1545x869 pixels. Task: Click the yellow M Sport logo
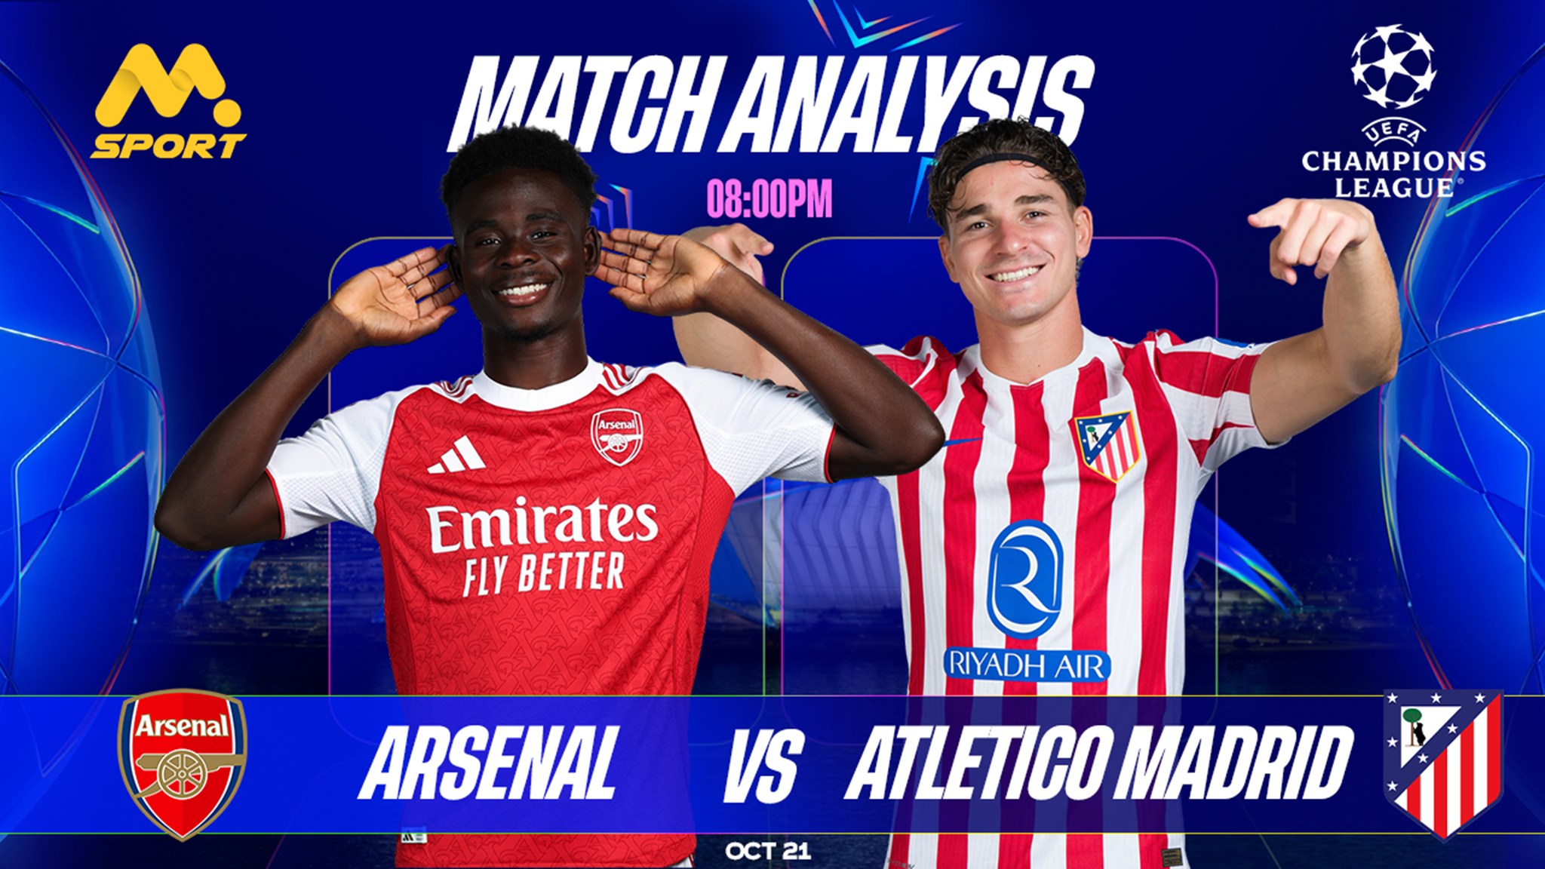pyautogui.click(x=168, y=101)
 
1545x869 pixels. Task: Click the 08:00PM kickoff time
pyautogui.click(x=769, y=199)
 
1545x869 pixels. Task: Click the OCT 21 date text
pyautogui.click(x=768, y=852)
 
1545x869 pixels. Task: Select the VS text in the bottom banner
pyautogui.click(x=760, y=763)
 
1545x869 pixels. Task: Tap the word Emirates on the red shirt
pyautogui.click(x=542, y=523)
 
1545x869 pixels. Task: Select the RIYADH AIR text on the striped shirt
pyautogui.click(x=1027, y=665)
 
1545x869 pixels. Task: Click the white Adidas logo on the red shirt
pyautogui.click(x=456, y=455)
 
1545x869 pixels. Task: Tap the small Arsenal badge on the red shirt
pyautogui.click(x=617, y=437)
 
